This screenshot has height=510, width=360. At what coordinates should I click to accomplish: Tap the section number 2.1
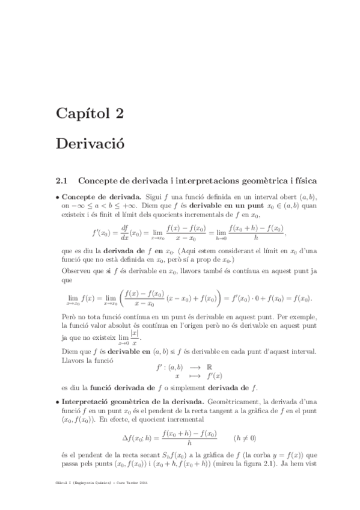(x=64, y=180)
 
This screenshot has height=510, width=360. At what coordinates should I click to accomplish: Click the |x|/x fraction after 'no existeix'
(x=135, y=338)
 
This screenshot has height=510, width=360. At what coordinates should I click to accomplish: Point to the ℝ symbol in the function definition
(x=192, y=365)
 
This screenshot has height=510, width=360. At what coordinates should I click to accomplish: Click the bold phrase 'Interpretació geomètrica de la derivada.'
(x=134, y=401)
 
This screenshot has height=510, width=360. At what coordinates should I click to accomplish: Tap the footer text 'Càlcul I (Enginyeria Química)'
(x=93, y=499)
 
